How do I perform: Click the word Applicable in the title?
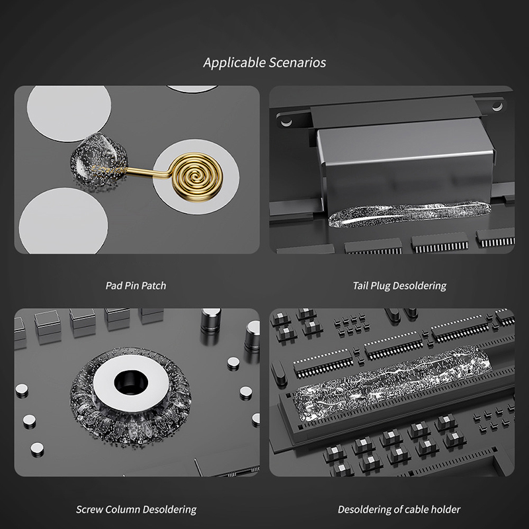click(234, 63)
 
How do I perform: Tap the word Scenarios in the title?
click(298, 63)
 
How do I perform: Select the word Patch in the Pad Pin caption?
click(153, 286)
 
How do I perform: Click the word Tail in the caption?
click(360, 286)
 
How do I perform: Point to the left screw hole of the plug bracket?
click(286, 122)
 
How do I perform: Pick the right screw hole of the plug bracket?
click(497, 106)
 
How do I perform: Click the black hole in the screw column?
click(131, 383)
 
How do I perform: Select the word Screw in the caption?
click(89, 509)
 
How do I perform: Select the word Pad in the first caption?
click(113, 286)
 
